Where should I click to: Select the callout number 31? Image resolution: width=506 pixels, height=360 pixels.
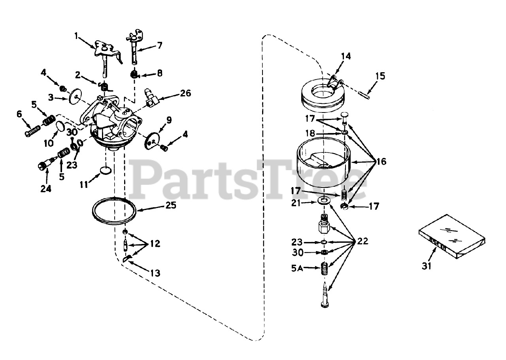tap(426, 266)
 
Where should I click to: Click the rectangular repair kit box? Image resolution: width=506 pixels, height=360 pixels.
tap(451, 236)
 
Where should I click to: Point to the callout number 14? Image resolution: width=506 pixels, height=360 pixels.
tap(346, 56)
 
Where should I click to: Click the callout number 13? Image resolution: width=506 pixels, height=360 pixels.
tap(155, 273)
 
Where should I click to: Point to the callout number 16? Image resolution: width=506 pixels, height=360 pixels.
tap(381, 161)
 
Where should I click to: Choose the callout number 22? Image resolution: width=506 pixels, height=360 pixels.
tap(362, 241)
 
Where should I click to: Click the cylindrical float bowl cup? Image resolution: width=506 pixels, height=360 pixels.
tap(324, 162)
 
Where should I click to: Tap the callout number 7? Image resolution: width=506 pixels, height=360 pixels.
tap(159, 45)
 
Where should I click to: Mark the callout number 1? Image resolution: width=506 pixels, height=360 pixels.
tap(77, 36)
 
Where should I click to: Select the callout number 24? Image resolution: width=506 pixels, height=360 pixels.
tap(46, 189)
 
